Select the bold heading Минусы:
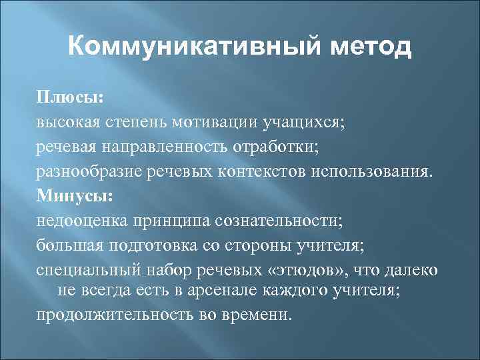tap(75, 197)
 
